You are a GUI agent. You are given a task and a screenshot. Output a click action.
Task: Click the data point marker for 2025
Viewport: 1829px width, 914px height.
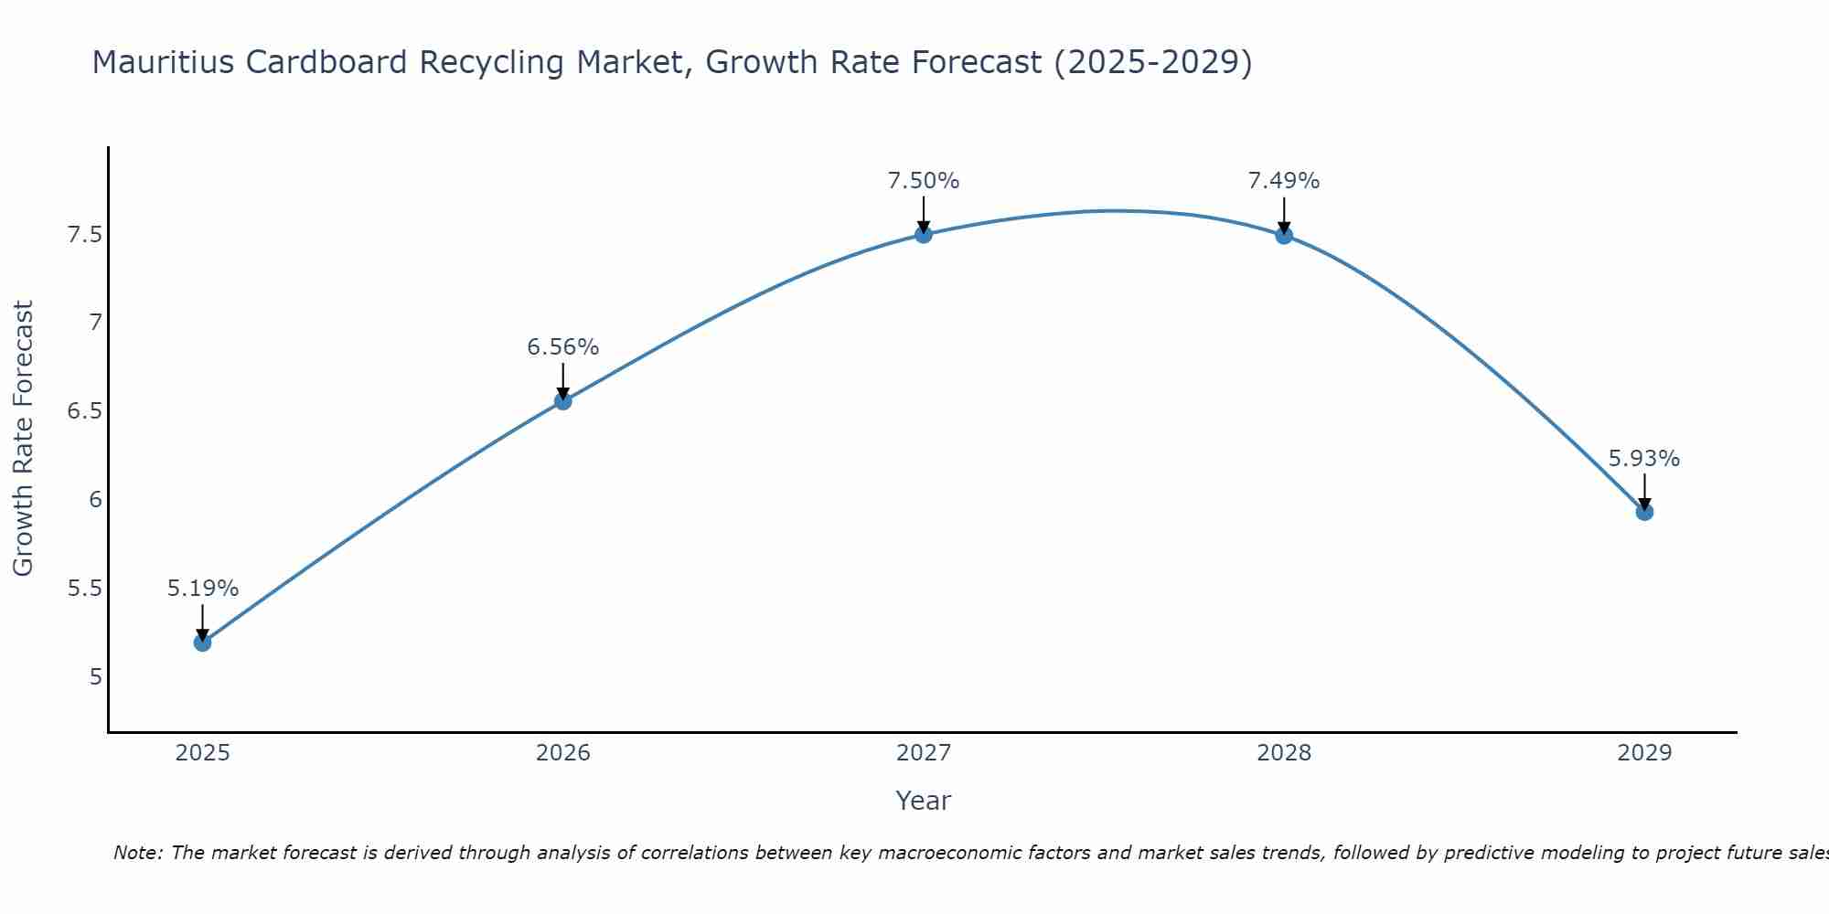click(x=202, y=643)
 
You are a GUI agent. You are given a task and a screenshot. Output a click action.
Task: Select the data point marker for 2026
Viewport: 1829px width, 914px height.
click(x=562, y=400)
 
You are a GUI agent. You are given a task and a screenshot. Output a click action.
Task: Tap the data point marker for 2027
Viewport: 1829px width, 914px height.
click(x=923, y=234)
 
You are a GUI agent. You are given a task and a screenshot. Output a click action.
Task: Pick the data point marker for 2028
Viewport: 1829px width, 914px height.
click(x=1283, y=235)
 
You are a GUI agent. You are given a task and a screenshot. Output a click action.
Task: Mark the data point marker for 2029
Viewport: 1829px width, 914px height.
click(x=1643, y=512)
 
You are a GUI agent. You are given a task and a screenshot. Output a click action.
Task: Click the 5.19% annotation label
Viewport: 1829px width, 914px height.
click(x=202, y=589)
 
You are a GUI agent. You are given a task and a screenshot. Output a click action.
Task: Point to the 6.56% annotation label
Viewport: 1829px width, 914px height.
click(x=562, y=347)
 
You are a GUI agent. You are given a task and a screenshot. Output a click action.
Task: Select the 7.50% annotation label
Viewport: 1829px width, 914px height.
click(x=923, y=181)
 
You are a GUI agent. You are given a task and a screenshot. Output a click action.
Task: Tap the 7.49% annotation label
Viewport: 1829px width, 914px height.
click(x=1283, y=181)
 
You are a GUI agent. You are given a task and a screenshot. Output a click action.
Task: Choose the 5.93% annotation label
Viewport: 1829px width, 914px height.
click(x=1643, y=459)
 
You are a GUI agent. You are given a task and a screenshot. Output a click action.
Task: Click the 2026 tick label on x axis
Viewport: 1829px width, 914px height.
click(x=562, y=753)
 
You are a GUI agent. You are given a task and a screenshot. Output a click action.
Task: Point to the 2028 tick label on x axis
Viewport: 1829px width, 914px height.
click(x=1283, y=753)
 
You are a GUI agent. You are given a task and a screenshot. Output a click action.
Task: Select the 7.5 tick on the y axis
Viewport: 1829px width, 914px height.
click(x=84, y=235)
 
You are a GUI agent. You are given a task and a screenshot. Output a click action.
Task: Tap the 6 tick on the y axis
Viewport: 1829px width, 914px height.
click(x=95, y=499)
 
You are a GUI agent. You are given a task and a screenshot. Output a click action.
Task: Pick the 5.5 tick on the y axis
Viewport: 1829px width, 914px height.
click(x=84, y=588)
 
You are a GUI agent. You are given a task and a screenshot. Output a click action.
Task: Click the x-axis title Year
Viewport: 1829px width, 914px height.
click(x=923, y=801)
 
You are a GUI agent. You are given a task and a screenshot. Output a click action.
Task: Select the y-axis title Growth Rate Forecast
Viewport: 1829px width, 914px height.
click(x=23, y=439)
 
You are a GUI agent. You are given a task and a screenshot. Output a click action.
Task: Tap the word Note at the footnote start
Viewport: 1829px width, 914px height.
click(x=137, y=853)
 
